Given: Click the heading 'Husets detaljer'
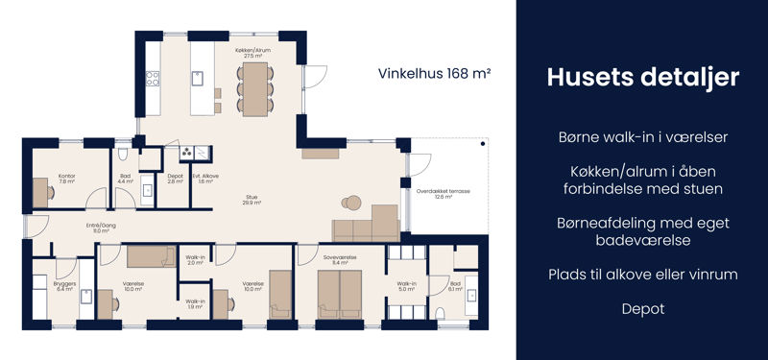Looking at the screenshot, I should [642, 78].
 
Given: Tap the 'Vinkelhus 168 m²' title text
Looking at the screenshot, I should [435, 73].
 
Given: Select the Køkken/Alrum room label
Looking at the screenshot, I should [253, 53].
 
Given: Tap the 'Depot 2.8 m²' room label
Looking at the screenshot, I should [175, 179].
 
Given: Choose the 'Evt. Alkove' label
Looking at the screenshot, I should [204, 179].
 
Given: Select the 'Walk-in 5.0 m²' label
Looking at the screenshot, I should [407, 286].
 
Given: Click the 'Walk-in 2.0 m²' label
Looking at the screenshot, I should [195, 260].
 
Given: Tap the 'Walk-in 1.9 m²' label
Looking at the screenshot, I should [195, 303].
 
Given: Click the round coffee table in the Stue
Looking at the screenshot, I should [351, 203].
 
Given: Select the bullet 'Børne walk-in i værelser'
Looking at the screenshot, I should [642, 137].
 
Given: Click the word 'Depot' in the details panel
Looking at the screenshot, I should [642, 308].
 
